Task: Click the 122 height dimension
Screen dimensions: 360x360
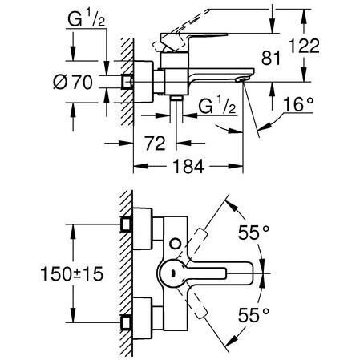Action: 305,46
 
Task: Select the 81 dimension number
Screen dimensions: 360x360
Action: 271,58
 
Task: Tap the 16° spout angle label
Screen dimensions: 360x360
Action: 297,104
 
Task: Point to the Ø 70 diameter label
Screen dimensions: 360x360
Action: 73,82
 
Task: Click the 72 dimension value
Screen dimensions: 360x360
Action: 155,144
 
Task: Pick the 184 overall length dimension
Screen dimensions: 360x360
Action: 188,166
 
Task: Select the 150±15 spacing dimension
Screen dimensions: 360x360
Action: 71,274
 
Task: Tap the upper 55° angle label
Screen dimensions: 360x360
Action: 253,233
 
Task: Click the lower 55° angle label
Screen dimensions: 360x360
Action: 253,314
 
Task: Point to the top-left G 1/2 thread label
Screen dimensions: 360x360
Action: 87,19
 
